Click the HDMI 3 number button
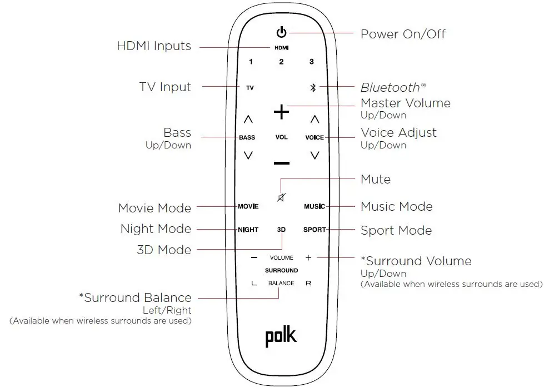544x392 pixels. click(x=311, y=62)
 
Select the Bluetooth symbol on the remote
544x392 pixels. click(x=313, y=88)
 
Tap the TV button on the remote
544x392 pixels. click(x=250, y=88)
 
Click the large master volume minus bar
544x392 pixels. click(x=282, y=163)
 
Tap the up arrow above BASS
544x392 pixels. click(x=248, y=119)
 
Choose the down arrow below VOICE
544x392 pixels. click(x=315, y=156)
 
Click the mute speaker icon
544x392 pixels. click(x=282, y=198)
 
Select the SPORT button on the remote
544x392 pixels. click(x=315, y=230)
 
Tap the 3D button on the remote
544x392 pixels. click(x=282, y=230)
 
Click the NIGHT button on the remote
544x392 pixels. click(x=248, y=230)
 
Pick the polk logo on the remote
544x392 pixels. click(x=281, y=337)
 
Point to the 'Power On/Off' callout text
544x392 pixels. click(x=403, y=34)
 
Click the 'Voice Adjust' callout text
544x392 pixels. click(x=398, y=132)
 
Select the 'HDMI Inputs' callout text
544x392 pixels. click(x=154, y=46)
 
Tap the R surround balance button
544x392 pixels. click(x=308, y=284)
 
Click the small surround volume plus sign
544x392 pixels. click(x=308, y=257)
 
